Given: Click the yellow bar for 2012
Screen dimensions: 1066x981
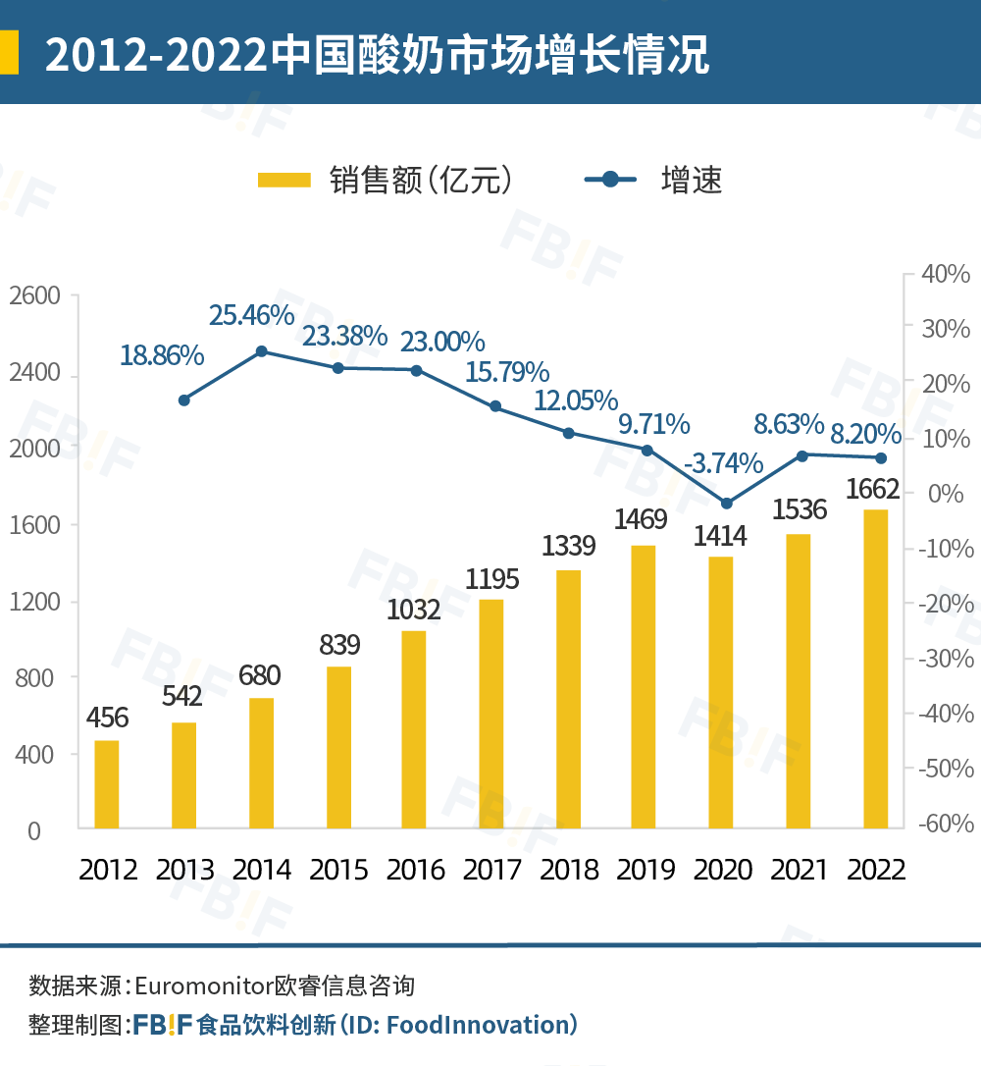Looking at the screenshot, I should tap(106, 783).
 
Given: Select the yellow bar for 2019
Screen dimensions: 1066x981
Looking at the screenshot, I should tap(644, 686).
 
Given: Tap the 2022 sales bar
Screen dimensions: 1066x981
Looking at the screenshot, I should tap(875, 668).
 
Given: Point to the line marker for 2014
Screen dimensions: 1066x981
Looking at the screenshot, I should tap(261, 351).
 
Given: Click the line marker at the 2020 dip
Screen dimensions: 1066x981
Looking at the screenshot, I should tap(726, 504).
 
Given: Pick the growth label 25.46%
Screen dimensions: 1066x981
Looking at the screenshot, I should tap(251, 316).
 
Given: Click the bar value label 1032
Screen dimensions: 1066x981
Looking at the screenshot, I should tap(413, 610).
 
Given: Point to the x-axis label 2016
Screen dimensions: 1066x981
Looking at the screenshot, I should tap(415, 870).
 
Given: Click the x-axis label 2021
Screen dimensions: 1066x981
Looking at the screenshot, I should tap(799, 870).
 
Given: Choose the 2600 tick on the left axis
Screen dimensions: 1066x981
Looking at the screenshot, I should tap(34, 296).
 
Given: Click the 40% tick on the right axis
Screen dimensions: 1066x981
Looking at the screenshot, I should tap(946, 275).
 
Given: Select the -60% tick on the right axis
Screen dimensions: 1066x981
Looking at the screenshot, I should tap(944, 824).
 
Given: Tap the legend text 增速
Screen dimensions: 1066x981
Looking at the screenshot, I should tap(692, 180).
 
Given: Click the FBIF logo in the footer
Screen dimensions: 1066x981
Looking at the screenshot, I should tap(163, 1026).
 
